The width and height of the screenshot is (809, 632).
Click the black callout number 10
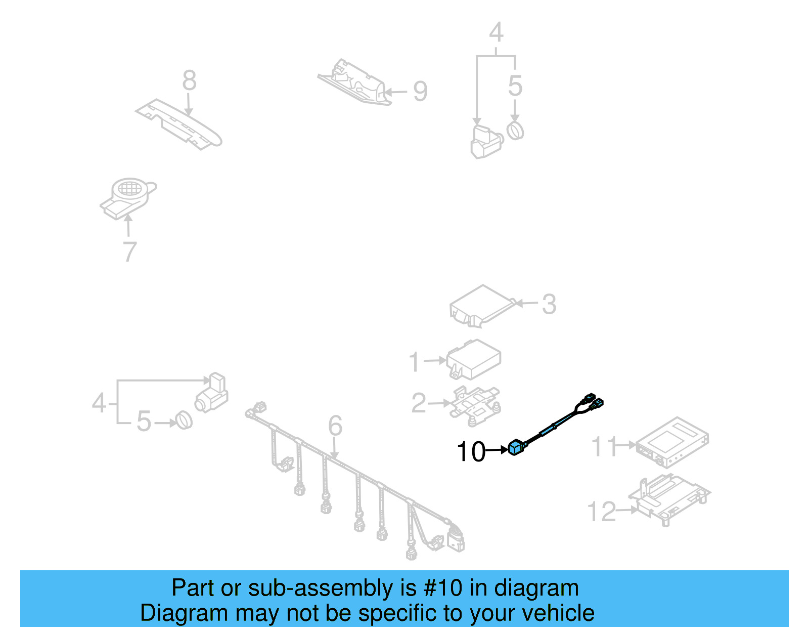coord(471,451)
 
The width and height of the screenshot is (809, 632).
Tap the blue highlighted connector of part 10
coord(516,448)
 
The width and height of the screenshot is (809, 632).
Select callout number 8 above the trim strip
coord(189,80)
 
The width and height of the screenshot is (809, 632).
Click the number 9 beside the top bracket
coord(420,92)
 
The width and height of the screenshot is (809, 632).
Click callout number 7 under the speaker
coord(130,251)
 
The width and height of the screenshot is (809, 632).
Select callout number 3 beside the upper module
coord(549,304)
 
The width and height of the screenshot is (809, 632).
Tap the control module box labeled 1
coord(474,359)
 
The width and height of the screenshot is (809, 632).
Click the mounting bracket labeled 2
coord(474,402)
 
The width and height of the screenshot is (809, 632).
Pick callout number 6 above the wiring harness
coord(335,426)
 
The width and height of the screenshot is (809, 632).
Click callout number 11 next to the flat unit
coord(604,446)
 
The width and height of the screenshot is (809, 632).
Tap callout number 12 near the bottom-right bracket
coord(602,512)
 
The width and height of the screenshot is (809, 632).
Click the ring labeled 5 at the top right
coord(515,131)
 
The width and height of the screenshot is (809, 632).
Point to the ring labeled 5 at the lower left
coord(184,420)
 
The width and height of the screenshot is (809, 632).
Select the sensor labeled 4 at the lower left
coord(212,394)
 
